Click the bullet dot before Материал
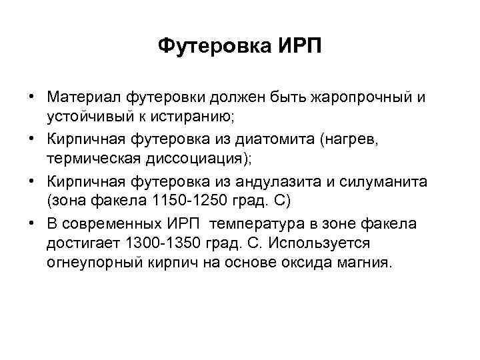coord(31,97)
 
